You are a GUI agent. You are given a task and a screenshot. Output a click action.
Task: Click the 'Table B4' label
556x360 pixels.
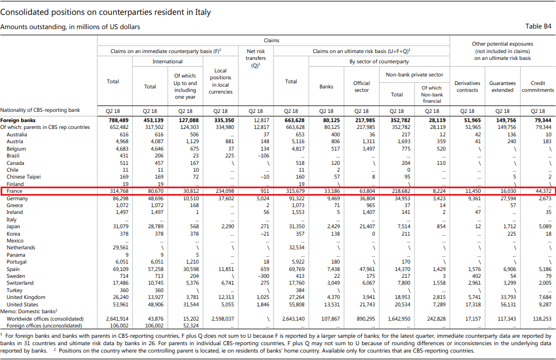[538, 26]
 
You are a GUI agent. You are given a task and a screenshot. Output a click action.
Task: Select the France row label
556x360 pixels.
[14, 191]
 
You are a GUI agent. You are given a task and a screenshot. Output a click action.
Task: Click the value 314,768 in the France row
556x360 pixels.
[119, 191]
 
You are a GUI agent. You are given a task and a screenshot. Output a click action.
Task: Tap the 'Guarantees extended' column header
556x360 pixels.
[502, 87]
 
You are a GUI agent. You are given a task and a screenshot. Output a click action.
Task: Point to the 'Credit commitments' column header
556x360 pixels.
[538, 87]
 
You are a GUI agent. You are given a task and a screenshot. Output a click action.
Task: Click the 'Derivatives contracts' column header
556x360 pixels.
[467, 87]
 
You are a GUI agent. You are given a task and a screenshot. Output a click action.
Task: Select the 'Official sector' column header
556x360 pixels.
[361, 87]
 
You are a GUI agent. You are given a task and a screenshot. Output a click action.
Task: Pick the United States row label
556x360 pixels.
[22, 304]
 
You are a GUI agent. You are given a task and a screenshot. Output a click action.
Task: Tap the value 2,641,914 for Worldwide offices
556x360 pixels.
[117, 318]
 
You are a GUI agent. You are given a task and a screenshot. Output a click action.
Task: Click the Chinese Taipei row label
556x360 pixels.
[23, 177]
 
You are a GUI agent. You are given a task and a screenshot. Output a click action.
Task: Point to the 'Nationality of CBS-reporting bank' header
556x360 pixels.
[40, 110]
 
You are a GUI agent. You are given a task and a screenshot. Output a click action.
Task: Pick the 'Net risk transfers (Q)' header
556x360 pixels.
[255, 58]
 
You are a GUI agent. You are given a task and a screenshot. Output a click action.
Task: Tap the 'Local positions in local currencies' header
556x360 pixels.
[220, 81]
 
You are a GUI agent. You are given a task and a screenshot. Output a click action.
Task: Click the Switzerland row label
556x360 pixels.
[20, 283]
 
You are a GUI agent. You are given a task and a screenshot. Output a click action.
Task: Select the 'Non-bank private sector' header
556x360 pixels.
[414, 75]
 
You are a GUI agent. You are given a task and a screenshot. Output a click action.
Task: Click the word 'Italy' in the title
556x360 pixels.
[203, 13]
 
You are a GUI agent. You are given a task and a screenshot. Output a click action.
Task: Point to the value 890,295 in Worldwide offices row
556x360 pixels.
[365, 318]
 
